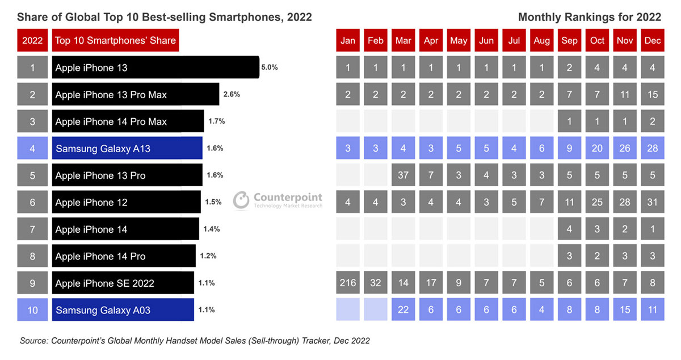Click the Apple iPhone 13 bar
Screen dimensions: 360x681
(155, 68)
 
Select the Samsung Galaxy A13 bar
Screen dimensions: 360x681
(127, 148)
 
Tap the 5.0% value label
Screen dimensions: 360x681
(269, 67)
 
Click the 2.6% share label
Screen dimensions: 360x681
(232, 94)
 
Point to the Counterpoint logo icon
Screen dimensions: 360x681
(241, 200)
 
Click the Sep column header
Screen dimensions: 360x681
(569, 41)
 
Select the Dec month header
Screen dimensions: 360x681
(653, 41)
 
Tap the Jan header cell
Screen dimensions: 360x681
(347, 41)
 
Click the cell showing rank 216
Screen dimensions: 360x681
(347, 283)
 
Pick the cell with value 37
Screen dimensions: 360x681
(403, 175)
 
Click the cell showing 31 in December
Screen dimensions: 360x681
(653, 202)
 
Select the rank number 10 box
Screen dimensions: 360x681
(32, 310)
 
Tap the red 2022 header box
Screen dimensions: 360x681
(32, 41)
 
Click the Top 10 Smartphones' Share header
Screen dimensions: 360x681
(116, 41)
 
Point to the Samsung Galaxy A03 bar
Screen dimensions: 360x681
(123, 310)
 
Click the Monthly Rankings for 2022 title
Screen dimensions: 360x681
(589, 17)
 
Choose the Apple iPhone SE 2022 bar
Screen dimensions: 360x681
(123, 283)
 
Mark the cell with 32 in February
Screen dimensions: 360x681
(375, 283)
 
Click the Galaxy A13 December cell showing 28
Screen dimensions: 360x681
(653, 148)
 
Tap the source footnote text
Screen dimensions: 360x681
(195, 341)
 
